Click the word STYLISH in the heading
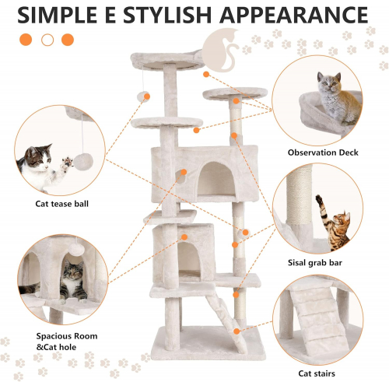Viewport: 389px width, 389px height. pyautogui.click(x=166, y=15)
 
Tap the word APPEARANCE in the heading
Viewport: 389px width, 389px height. pyautogui.click(x=294, y=15)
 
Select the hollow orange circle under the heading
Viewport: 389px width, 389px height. pyautogui.click(x=47, y=40)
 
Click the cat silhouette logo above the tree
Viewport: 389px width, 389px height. pyautogui.click(x=221, y=50)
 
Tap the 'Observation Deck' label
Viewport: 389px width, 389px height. pyautogui.click(x=323, y=152)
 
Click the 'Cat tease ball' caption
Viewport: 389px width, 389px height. pyautogui.click(x=61, y=204)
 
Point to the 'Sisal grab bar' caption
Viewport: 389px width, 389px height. pyautogui.click(x=315, y=263)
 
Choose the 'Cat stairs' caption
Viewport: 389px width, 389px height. pyautogui.click(x=317, y=373)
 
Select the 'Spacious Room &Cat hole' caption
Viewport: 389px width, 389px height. pyautogui.click(x=67, y=342)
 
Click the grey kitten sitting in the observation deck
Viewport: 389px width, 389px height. pyautogui.click(x=337, y=99)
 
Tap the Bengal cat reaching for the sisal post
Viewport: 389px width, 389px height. pyautogui.click(x=333, y=224)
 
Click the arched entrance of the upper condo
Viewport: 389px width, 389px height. pyautogui.click(x=217, y=180)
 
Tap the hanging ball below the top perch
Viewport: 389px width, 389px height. pyautogui.click(x=143, y=96)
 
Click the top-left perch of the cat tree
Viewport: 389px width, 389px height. pyautogui.click(x=166, y=60)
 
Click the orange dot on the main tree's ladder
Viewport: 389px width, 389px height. pyautogui.click(x=237, y=331)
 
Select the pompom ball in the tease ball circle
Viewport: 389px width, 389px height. pyautogui.click(x=83, y=162)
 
